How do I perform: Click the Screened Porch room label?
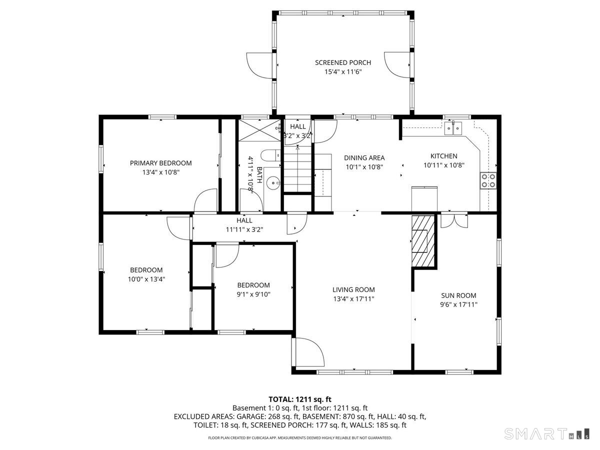pyautogui.click(x=343, y=62)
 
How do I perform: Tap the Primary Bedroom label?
pyautogui.click(x=160, y=163)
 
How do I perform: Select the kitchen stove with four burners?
pyautogui.click(x=488, y=180)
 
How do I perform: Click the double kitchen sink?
pyautogui.click(x=453, y=128)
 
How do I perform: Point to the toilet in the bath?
pyautogui.click(x=270, y=155)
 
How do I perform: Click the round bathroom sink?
pyautogui.click(x=273, y=183)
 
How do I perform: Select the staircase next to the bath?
pyautogui.click(x=297, y=169)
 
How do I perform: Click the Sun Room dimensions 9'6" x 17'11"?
pyautogui.click(x=458, y=304)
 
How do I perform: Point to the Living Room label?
pyautogui.click(x=353, y=289)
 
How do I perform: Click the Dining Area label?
pyautogui.click(x=364, y=157)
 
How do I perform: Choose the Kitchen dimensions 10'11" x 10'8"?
pyautogui.click(x=444, y=165)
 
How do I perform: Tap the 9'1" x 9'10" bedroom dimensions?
pyautogui.click(x=253, y=294)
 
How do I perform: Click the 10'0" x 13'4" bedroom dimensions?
pyautogui.click(x=146, y=279)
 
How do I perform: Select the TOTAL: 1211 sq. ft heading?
pyautogui.click(x=300, y=399)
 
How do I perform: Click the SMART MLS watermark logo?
pyautogui.click(x=546, y=433)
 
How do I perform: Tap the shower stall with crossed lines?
pyautogui.click(x=259, y=130)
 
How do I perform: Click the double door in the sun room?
pyautogui.click(x=454, y=221)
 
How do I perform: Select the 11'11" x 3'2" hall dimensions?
pyautogui.click(x=244, y=229)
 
